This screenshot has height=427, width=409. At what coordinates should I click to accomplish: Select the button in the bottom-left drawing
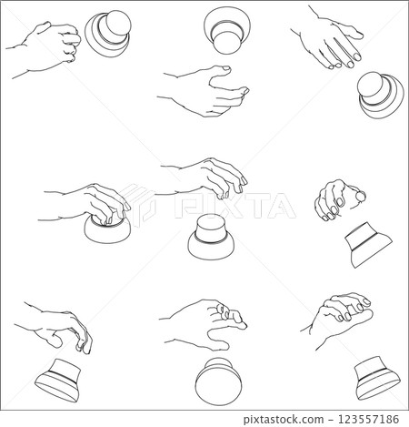pyautogui.click(x=62, y=378)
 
